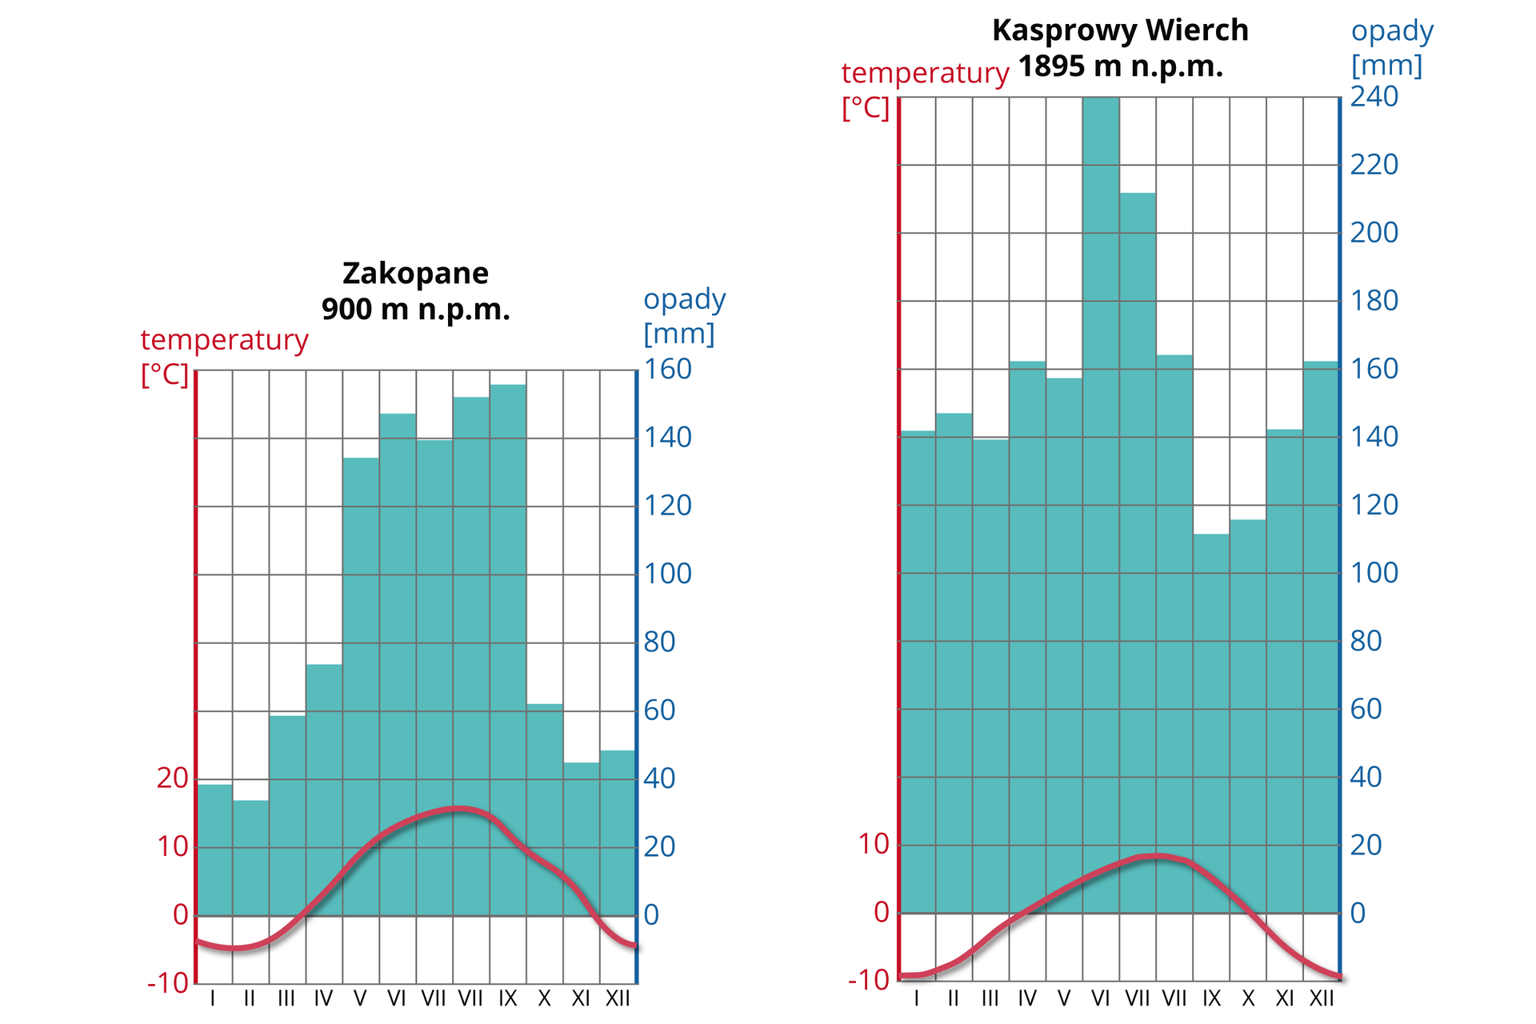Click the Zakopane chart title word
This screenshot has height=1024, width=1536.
point(415,274)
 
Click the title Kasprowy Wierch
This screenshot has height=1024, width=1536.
point(1120,30)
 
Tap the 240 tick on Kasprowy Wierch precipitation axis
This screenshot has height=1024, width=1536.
point(1374,97)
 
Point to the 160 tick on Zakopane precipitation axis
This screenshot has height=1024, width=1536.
point(668,370)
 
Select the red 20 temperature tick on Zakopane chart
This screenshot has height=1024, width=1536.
point(172,778)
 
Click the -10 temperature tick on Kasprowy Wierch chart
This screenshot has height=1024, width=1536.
point(870,980)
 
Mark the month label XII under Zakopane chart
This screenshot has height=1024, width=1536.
point(618,998)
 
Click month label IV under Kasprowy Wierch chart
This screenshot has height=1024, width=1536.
point(1027,998)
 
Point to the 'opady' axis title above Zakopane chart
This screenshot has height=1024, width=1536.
point(685,300)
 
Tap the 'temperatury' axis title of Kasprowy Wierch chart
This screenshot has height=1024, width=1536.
point(925,74)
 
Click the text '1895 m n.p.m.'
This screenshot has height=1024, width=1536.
point(1120,66)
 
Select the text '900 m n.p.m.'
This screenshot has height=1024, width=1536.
point(415,310)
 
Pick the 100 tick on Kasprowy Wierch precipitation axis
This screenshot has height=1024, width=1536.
point(1374,573)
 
